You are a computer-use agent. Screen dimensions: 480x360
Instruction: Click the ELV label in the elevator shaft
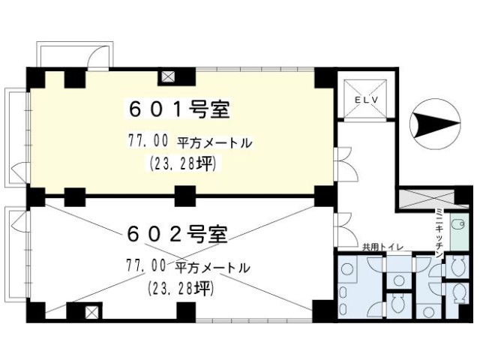(x=366, y=100)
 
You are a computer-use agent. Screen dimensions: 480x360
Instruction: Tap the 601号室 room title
(x=179, y=110)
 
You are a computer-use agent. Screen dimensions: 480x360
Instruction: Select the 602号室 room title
(x=177, y=234)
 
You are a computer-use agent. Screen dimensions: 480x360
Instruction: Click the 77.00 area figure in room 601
(x=148, y=141)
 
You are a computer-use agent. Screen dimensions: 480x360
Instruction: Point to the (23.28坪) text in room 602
(x=181, y=288)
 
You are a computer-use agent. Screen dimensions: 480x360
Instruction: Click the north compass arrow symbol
(x=435, y=124)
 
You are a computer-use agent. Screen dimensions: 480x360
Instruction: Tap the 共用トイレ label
(x=382, y=247)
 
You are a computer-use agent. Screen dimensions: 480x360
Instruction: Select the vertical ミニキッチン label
(x=439, y=232)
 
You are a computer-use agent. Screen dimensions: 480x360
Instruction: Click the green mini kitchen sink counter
(x=460, y=232)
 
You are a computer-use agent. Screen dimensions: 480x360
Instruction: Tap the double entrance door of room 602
(x=346, y=230)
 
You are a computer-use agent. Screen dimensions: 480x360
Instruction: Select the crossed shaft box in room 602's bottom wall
(x=91, y=312)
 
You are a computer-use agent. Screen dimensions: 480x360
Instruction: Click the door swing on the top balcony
(x=97, y=57)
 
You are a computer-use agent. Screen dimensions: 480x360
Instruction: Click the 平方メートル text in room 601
(x=214, y=143)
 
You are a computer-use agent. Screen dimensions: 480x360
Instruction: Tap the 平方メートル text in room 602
(x=212, y=268)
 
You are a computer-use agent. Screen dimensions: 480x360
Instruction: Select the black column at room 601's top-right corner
(x=325, y=78)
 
